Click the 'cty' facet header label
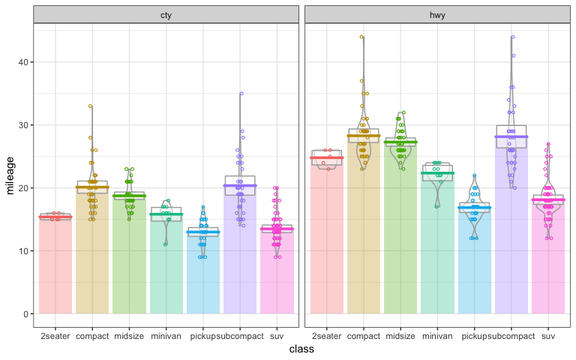pyautogui.click(x=166, y=15)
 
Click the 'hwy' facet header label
pyautogui.click(x=436, y=15)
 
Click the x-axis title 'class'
pyautogui.click(x=301, y=349)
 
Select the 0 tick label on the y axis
pyautogui.click(x=26, y=313)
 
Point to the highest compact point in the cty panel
pyautogui.click(x=91, y=106)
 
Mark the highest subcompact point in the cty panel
pyautogui.click(x=241, y=94)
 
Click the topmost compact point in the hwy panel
pyautogui.click(x=361, y=37)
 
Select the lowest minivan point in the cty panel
pyautogui.click(x=166, y=244)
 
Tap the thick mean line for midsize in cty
pyautogui.click(x=130, y=196)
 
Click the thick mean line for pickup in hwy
pyautogui.click(x=474, y=208)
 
